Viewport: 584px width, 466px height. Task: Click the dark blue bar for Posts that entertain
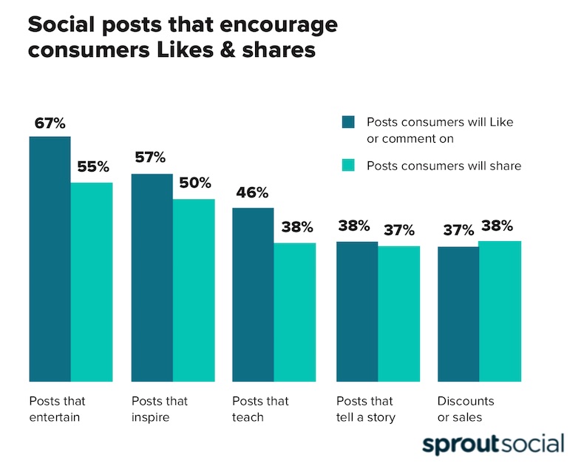click(x=50, y=259)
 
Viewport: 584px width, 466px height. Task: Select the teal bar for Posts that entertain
click(x=92, y=281)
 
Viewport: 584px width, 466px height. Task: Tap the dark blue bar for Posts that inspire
click(x=152, y=277)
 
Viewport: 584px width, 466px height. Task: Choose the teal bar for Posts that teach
click(x=295, y=311)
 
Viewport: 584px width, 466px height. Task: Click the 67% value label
click(x=50, y=123)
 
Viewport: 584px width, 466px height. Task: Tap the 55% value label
click(x=92, y=167)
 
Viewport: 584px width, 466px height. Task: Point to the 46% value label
click(x=253, y=193)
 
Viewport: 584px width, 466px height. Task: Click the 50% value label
click(x=194, y=183)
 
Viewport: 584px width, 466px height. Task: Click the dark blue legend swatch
click(x=349, y=122)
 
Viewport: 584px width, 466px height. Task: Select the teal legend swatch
click(x=349, y=166)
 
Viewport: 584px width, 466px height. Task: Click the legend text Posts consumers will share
click(x=444, y=166)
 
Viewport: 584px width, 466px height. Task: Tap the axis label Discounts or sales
click(x=465, y=409)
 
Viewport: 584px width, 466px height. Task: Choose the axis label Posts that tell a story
click(x=366, y=409)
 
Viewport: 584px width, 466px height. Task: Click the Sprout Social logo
click(x=493, y=444)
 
